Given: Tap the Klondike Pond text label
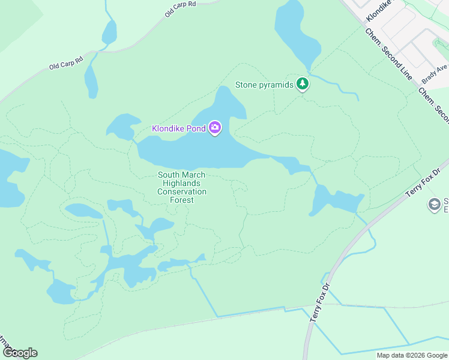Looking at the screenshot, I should coord(179,128).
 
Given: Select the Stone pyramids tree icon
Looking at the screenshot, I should coord(303,85).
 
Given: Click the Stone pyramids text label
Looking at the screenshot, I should coord(264,85).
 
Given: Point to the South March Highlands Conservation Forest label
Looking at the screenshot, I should coord(182,187).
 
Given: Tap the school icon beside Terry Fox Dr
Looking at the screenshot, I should coord(433,205).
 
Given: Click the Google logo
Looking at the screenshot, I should coord(19,352).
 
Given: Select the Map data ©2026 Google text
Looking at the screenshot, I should coord(411,355).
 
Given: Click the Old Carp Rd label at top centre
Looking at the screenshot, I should coord(180,11).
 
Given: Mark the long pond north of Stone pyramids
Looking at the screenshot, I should coord(294,30).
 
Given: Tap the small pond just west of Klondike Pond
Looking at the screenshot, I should coord(121,125).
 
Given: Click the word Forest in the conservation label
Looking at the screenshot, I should coord(182,200).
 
